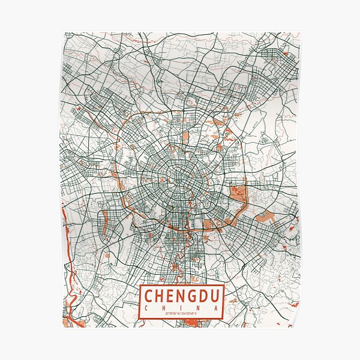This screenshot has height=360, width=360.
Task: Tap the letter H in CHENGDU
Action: pos(161,296)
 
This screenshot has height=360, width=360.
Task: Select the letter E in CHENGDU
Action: pos(172,296)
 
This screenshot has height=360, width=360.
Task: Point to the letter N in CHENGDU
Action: pos(183,296)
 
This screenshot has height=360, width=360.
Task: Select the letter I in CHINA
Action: pos(182,307)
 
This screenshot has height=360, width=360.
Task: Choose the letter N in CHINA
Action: pos(199,307)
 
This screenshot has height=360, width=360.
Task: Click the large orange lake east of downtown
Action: pos(238,194)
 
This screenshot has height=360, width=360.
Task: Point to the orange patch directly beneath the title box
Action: pos(191,323)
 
